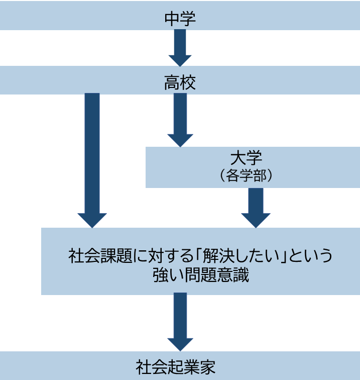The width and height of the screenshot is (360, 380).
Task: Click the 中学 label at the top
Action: click(180, 19)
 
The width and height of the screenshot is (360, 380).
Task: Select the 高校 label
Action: click(180, 83)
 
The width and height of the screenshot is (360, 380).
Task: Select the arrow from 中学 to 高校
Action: click(180, 47)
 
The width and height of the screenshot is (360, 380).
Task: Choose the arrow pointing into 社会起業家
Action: click(180, 322)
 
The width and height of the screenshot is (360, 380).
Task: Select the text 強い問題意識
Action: click(201, 275)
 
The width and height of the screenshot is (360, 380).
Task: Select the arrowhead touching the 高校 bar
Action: click(180, 59)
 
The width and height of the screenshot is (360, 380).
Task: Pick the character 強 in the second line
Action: click(161, 275)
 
